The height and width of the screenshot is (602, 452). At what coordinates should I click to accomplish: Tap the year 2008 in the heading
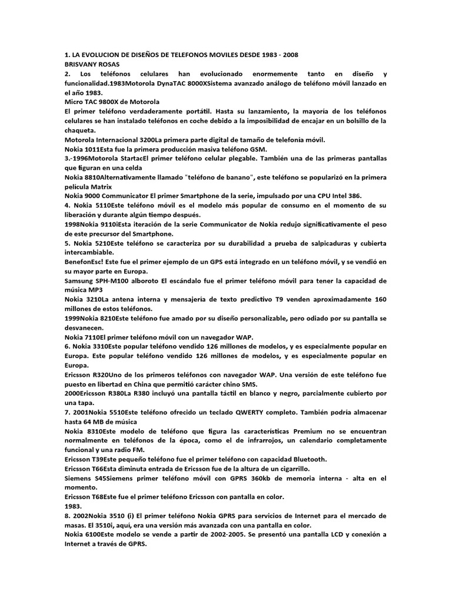point(290,55)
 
